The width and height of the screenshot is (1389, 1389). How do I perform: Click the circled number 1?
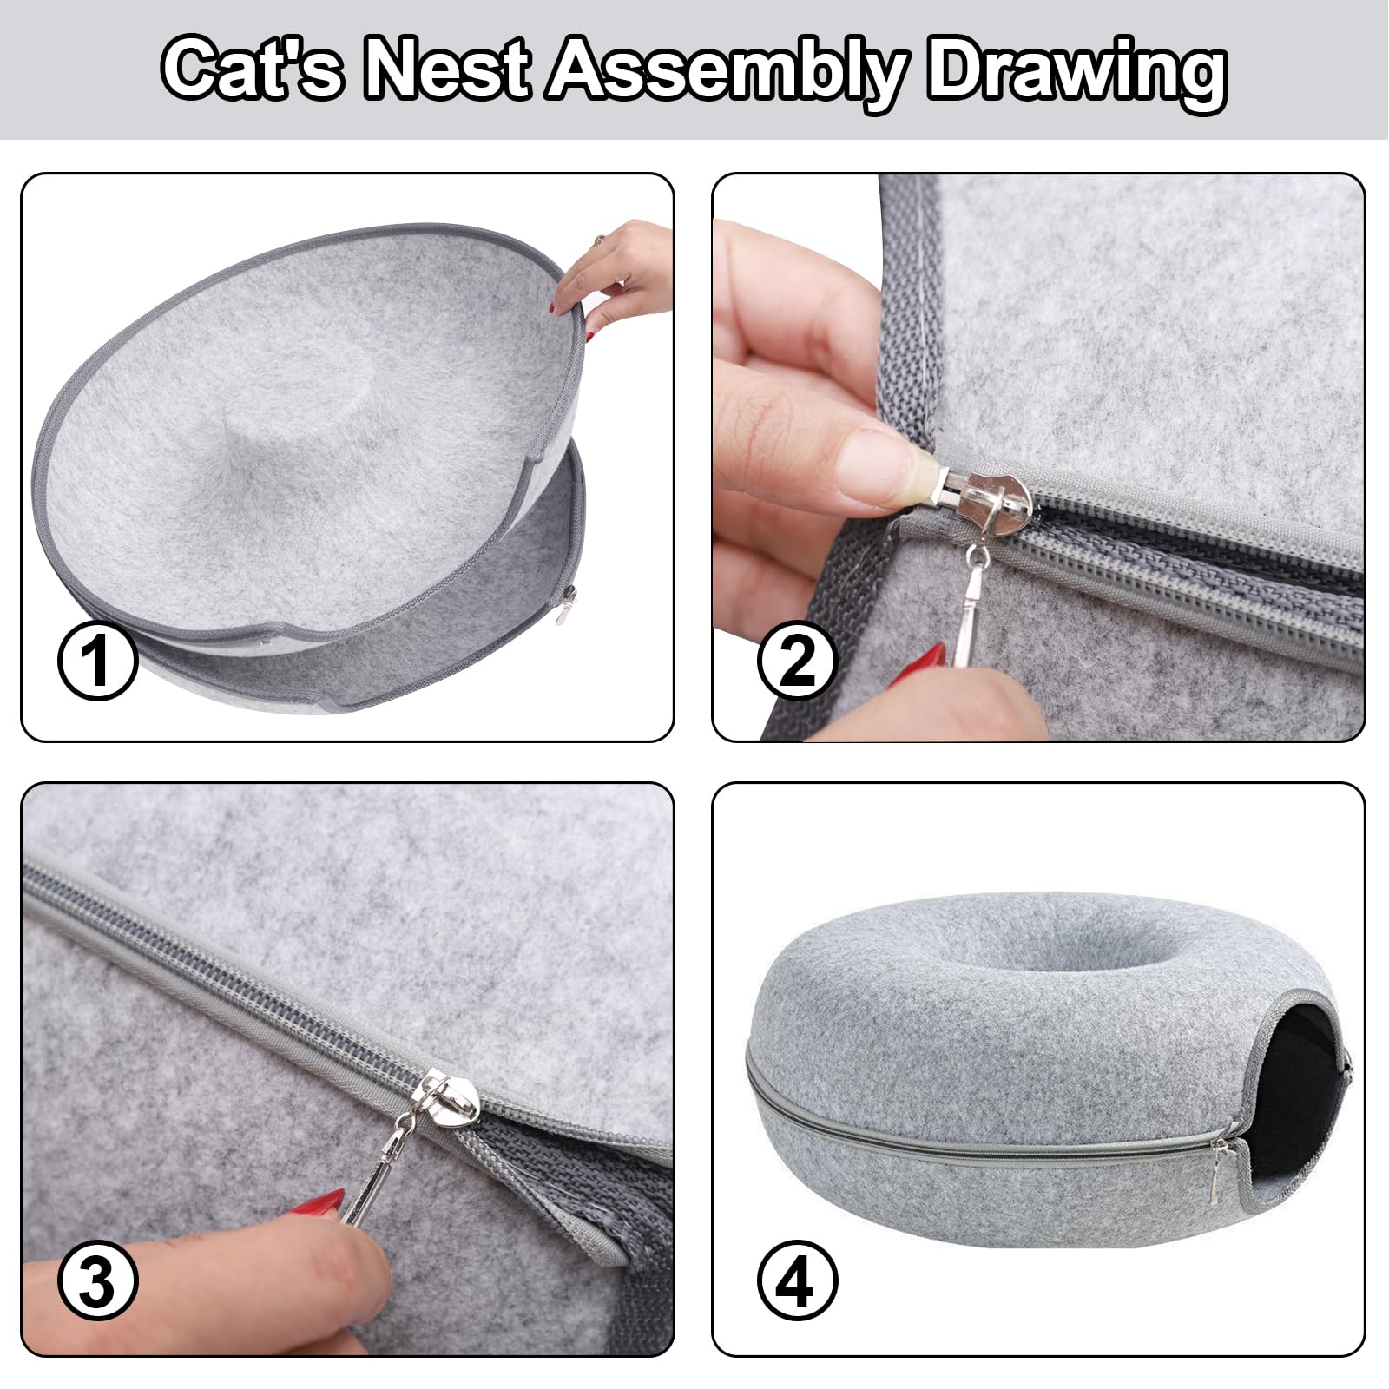(97, 661)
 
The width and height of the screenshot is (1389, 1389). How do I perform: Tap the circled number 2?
(797, 661)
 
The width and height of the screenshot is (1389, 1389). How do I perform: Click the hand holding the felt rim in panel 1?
(616, 269)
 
